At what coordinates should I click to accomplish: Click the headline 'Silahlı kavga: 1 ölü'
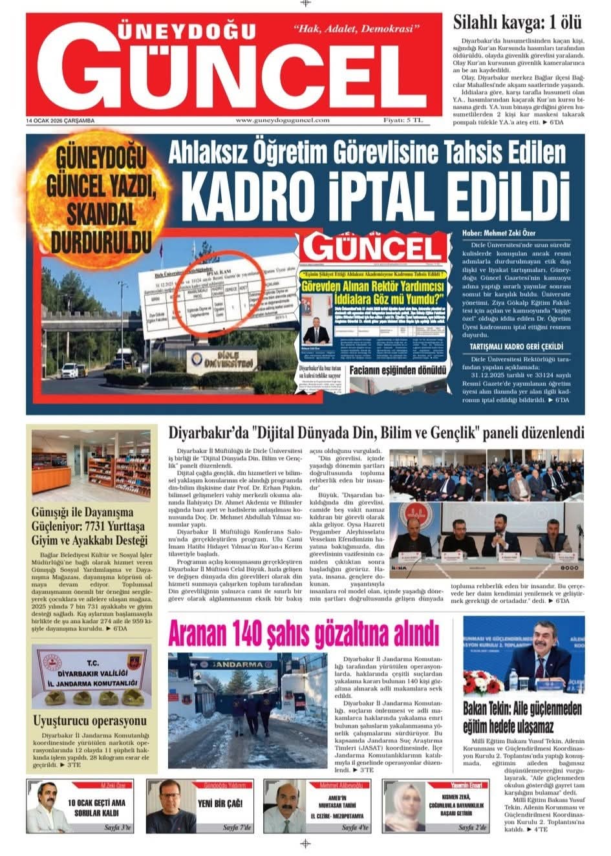tap(517, 23)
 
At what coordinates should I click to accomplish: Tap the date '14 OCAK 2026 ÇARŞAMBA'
tap(60, 121)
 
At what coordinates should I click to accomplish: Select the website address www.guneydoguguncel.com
tap(283, 120)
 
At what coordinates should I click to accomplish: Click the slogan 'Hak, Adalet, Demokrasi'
tap(357, 29)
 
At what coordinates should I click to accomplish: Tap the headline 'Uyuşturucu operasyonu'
tap(90, 720)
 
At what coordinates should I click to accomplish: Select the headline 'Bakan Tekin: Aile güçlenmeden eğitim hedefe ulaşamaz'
tap(522, 716)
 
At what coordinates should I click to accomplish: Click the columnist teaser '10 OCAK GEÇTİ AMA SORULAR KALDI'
tap(96, 807)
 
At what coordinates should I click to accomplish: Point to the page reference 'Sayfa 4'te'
tap(355, 828)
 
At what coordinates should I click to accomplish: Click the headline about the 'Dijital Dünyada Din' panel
tap(376, 433)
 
